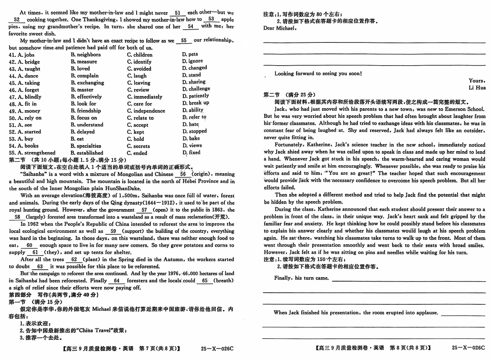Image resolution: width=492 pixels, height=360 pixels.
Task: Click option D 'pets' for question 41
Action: [190, 54]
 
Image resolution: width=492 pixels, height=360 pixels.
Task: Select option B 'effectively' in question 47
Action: [86, 97]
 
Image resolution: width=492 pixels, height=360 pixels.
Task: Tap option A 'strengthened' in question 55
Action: [37, 153]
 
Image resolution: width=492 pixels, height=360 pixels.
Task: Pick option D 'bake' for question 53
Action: [191, 138]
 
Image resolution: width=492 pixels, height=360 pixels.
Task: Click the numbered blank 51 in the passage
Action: [178, 13]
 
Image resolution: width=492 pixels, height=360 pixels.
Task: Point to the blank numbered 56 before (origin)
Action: [183, 174]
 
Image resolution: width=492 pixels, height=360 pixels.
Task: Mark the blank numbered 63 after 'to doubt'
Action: [40, 266]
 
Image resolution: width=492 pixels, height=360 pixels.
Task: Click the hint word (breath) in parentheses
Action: [223, 281]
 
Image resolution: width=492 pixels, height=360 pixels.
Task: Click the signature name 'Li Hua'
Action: [477, 88]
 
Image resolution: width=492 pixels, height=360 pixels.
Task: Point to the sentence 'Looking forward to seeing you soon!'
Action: [318, 74]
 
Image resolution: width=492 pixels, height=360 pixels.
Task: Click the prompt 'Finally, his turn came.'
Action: [301, 278]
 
